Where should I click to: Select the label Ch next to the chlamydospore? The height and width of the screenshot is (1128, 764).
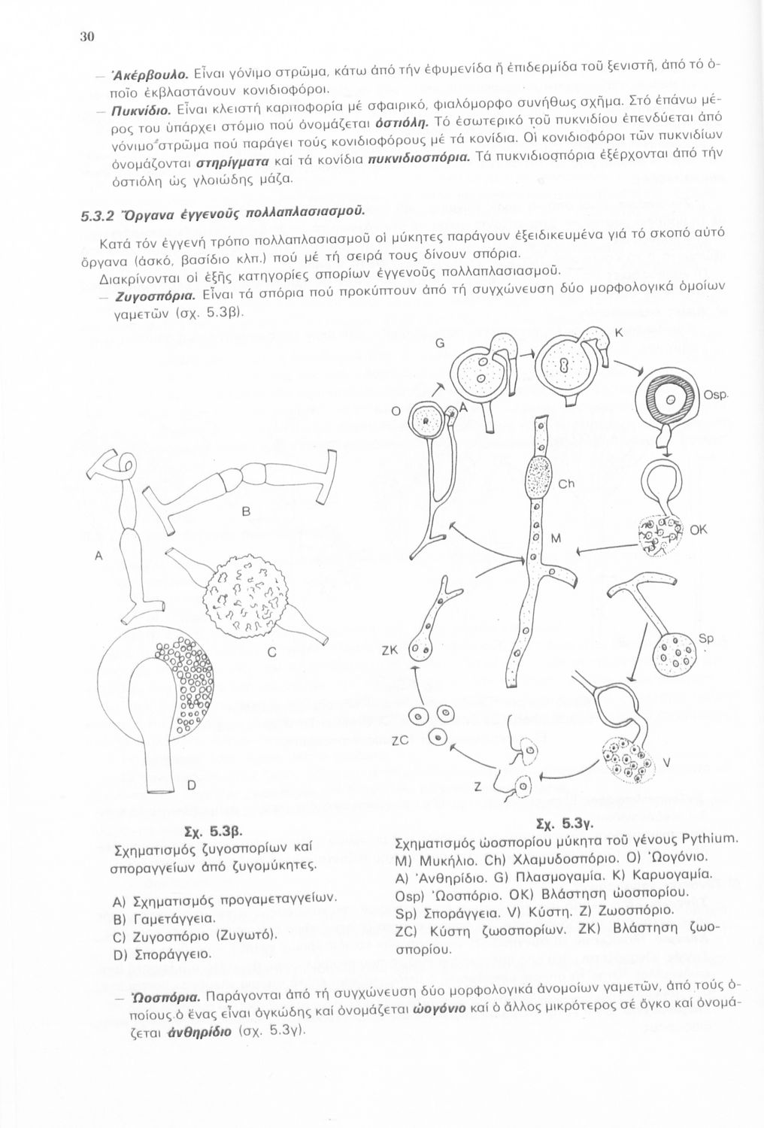(x=565, y=484)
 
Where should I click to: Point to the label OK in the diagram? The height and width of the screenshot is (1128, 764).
(x=699, y=530)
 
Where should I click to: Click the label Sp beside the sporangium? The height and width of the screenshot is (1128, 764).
(x=705, y=638)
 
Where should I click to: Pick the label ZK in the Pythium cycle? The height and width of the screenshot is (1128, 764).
(x=389, y=651)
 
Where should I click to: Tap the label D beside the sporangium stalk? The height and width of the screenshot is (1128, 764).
(x=191, y=786)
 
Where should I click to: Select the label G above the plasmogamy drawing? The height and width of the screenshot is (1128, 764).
(x=439, y=343)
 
